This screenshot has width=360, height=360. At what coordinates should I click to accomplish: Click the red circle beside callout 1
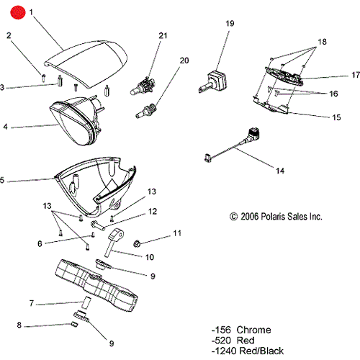click(x=17, y=12)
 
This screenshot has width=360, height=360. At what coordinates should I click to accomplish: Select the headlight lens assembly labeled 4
click(x=76, y=120)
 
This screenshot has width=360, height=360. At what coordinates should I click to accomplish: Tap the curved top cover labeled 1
click(x=86, y=64)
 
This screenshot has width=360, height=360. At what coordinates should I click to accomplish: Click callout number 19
click(x=230, y=23)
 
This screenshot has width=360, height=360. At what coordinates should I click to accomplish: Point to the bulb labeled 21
click(x=143, y=86)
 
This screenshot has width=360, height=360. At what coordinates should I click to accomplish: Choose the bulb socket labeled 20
click(x=145, y=111)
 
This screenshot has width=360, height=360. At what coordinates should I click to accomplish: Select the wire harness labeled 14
click(x=233, y=145)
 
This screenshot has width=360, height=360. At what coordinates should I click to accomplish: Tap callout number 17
click(x=356, y=75)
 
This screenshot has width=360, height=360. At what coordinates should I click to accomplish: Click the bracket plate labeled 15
click(x=271, y=104)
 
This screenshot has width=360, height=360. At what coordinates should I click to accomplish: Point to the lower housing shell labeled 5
click(x=95, y=186)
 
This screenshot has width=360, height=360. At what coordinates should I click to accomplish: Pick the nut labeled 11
click(x=137, y=243)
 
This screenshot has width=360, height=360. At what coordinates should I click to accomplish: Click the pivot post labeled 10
click(x=114, y=243)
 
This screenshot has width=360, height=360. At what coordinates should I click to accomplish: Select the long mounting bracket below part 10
click(x=96, y=286)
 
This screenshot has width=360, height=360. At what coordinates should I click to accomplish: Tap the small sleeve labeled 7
click(x=86, y=303)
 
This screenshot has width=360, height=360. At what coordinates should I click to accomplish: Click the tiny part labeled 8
click(x=75, y=325)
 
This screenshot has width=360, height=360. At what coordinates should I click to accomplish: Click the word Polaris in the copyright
click(x=273, y=217)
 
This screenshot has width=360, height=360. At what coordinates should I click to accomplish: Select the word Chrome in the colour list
click(x=253, y=330)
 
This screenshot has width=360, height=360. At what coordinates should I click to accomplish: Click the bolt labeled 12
click(x=98, y=225)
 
